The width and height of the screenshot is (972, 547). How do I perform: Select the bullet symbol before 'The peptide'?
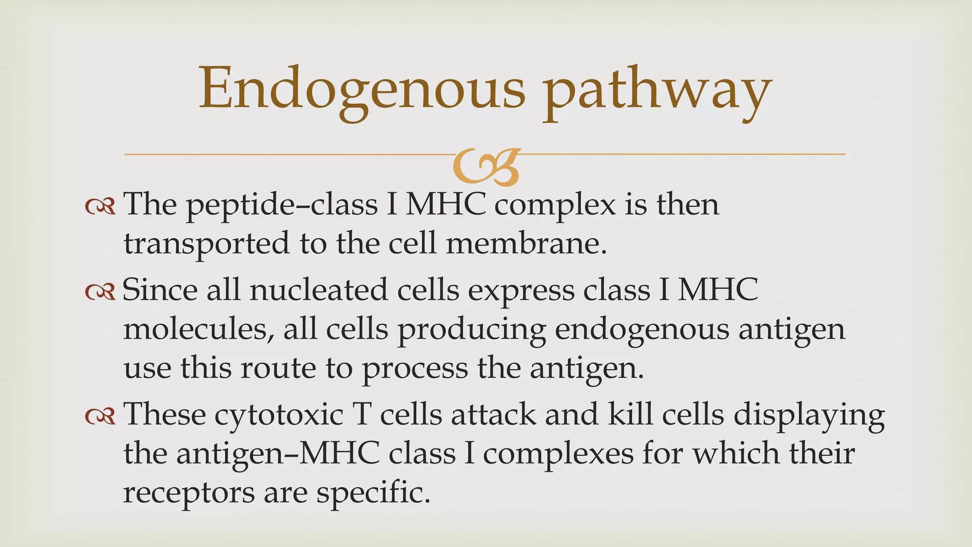pos(100,206)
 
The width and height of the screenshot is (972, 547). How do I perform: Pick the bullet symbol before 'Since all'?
pos(100,292)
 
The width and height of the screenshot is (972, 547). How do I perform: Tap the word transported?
pos(206,244)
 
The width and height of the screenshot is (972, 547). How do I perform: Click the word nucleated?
pos(318,290)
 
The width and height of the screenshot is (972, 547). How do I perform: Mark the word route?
pos(278,368)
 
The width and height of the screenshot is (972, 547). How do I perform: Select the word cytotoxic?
pos(279,415)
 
